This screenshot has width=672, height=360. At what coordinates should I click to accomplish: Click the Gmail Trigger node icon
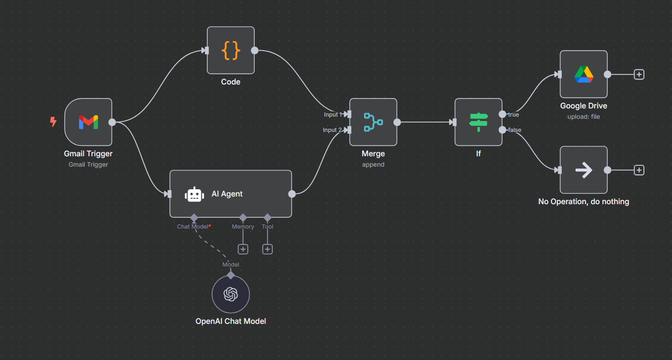[x=89, y=122]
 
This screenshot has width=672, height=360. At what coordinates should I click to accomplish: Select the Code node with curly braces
[x=231, y=50]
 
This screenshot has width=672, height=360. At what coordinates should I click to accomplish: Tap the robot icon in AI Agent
[x=195, y=194]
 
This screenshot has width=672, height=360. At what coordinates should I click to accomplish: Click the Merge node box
[x=373, y=122]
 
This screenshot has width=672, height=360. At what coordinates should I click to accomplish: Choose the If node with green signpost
[x=478, y=122]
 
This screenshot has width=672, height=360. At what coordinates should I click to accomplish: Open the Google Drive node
[x=583, y=74]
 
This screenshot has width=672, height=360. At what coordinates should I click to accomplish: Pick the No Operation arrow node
[x=583, y=170]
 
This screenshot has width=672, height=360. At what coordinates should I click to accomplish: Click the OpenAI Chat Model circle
[x=231, y=295]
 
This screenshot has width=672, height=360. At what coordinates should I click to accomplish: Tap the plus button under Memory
[x=243, y=249]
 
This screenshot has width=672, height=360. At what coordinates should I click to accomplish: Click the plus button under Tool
[x=267, y=249]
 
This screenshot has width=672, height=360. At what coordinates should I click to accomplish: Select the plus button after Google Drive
[x=639, y=75]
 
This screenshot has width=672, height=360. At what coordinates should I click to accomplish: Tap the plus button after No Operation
[x=639, y=170]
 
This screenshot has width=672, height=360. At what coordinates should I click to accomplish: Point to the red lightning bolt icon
[x=53, y=122]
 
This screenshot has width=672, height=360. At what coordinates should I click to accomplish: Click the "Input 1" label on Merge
[x=333, y=115]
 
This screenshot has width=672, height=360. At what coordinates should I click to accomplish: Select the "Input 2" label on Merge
[x=332, y=130]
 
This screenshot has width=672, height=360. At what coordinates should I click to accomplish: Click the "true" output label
[x=513, y=115]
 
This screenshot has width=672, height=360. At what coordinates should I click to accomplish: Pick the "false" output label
[x=514, y=130]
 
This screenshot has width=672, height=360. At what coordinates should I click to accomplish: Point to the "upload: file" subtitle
[x=583, y=117]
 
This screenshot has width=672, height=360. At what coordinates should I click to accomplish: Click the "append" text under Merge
[x=373, y=165]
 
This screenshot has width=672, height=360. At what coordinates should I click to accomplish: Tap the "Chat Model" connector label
[x=193, y=227]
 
